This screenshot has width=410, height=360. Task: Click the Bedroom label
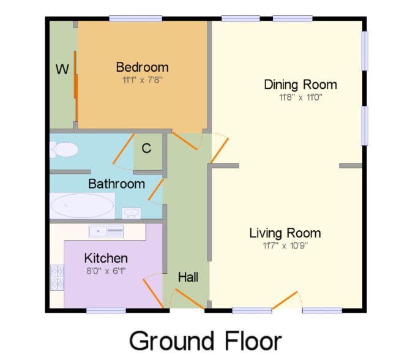142,67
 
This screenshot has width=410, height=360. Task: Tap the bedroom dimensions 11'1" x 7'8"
142,80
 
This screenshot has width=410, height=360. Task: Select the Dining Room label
300,84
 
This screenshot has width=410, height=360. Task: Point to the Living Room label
285,233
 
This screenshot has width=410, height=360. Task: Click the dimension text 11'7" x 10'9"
285,246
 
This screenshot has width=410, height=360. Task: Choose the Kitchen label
106,258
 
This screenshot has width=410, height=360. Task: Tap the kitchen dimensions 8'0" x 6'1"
106,271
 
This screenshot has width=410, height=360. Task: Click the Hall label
188,277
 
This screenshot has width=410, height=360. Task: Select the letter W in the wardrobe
62,69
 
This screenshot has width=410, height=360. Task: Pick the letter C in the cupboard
146,148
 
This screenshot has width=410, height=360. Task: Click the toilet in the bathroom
64,149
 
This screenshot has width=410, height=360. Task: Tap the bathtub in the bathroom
82,206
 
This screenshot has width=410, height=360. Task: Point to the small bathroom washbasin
132,213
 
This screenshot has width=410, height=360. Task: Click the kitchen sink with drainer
106,231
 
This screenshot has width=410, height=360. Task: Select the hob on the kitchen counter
57,277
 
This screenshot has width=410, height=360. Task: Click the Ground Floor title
206,340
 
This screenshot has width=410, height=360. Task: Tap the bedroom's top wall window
135,19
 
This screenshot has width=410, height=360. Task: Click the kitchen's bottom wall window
106,310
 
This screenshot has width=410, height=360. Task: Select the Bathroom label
117,184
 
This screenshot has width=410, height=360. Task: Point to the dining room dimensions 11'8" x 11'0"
300,97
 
